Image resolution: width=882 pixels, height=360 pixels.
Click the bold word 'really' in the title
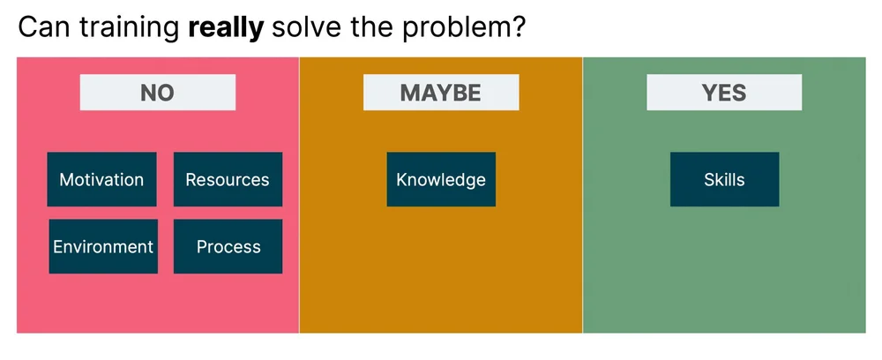point(226,27)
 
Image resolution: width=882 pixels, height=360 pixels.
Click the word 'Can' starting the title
point(43,27)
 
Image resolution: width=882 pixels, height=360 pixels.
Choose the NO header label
point(157,93)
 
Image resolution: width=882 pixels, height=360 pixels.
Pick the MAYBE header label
point(441,93)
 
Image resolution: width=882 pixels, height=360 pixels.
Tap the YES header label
point(724,93)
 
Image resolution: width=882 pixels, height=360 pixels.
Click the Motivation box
point(101,179)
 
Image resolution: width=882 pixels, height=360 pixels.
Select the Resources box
point(228,179)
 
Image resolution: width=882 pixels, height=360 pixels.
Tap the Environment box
point(103,246)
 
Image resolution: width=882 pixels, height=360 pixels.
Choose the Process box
point(228,246)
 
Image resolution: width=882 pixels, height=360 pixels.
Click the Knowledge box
point(441,179)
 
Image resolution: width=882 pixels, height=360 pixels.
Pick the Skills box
point(724,179)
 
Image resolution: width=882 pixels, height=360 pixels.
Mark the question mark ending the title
point(520,27)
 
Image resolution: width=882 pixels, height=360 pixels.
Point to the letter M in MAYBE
point(410,93)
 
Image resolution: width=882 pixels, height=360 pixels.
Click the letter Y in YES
point(708,93)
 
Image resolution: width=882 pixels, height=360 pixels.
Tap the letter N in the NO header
point(147,93)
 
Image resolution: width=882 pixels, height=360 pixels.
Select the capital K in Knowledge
point(401,179)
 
